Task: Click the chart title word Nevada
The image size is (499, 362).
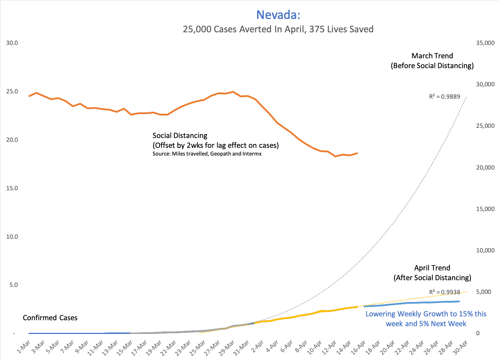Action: click(278, 15)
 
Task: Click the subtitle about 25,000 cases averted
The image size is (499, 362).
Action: click(278, 29)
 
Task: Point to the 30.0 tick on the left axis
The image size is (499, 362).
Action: click(12, 43)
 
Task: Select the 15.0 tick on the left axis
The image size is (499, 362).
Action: click(12, 188)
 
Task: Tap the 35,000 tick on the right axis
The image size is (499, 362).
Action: click(485, 43)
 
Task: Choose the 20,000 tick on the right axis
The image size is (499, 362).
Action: click(485, 167)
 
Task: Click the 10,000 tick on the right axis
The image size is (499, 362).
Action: click(485, 250)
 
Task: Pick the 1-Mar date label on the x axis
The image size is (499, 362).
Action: click(24, 347)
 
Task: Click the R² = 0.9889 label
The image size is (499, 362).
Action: click(444, 97)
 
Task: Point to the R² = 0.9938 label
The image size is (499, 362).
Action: click(444, 292)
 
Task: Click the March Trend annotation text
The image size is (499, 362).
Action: click(432, 61)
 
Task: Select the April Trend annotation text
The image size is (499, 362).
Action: click(432, 273)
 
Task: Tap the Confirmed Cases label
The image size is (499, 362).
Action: click(50, 318)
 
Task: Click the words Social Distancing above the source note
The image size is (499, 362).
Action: click(180, 136)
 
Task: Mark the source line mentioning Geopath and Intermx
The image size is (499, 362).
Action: click(207, 154)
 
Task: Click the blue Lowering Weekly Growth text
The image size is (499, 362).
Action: click(426, 319)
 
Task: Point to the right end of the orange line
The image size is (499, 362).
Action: click(357, 153)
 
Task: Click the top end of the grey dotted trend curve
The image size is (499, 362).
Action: click(466, 97)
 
